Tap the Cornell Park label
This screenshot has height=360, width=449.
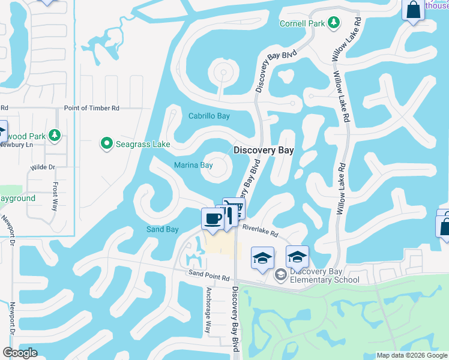[x=303, y=24]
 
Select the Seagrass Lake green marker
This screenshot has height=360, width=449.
[x=107, y=143]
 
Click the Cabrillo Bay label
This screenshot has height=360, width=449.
[x=209, y=116]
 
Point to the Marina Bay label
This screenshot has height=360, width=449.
[x=193, y=165]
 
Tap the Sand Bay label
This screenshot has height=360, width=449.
[x=163, y=229]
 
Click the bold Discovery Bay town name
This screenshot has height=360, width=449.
[x=264, y=151]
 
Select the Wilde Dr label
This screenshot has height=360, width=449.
[x=43, y=167]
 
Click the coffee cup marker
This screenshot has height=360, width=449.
[x=212, y=218]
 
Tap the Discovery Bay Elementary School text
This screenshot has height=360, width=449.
[x=325, y=275]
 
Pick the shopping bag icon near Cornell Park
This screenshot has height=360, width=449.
[x=413, y=10]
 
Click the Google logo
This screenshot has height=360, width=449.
[x=20, y=353]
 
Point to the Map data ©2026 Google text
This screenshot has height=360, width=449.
[x=412, y=355]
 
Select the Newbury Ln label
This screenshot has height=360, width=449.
[x=14, y=144]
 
